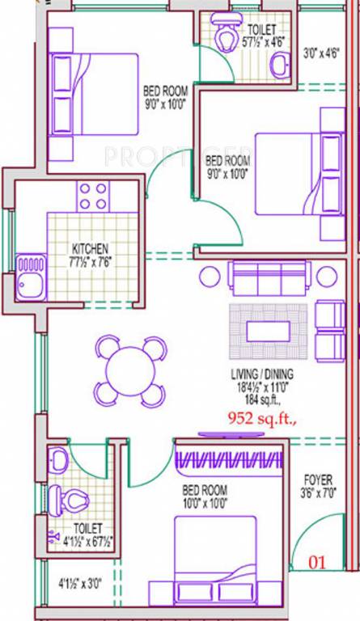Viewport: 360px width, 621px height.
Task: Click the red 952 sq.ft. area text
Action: click(259, 418)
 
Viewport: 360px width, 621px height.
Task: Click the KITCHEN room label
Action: click(90, 248)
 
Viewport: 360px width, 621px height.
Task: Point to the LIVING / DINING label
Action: click(260, 374)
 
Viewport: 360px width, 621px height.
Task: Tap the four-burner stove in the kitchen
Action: click(93, 196)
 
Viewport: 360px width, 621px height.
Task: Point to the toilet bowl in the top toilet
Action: click(222, 30)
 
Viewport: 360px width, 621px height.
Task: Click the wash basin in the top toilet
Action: click(281, 63)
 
